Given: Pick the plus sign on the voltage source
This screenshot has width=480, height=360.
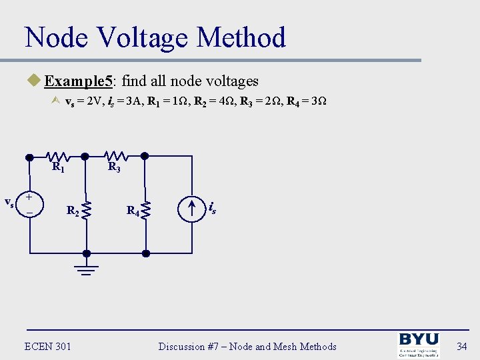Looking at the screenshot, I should [x=29, y=198].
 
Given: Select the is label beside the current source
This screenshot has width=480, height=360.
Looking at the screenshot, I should [x=211, y=208].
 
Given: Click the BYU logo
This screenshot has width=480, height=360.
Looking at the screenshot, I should [x=418, y=345].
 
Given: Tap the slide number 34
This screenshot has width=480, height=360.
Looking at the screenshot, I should [x=462, y=346].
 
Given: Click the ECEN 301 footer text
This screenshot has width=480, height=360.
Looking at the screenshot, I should [x=47, y=346].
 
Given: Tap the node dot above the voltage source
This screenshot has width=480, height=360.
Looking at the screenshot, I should [x=29, y=157].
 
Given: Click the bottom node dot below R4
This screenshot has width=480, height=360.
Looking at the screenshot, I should [x=147, y=253].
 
